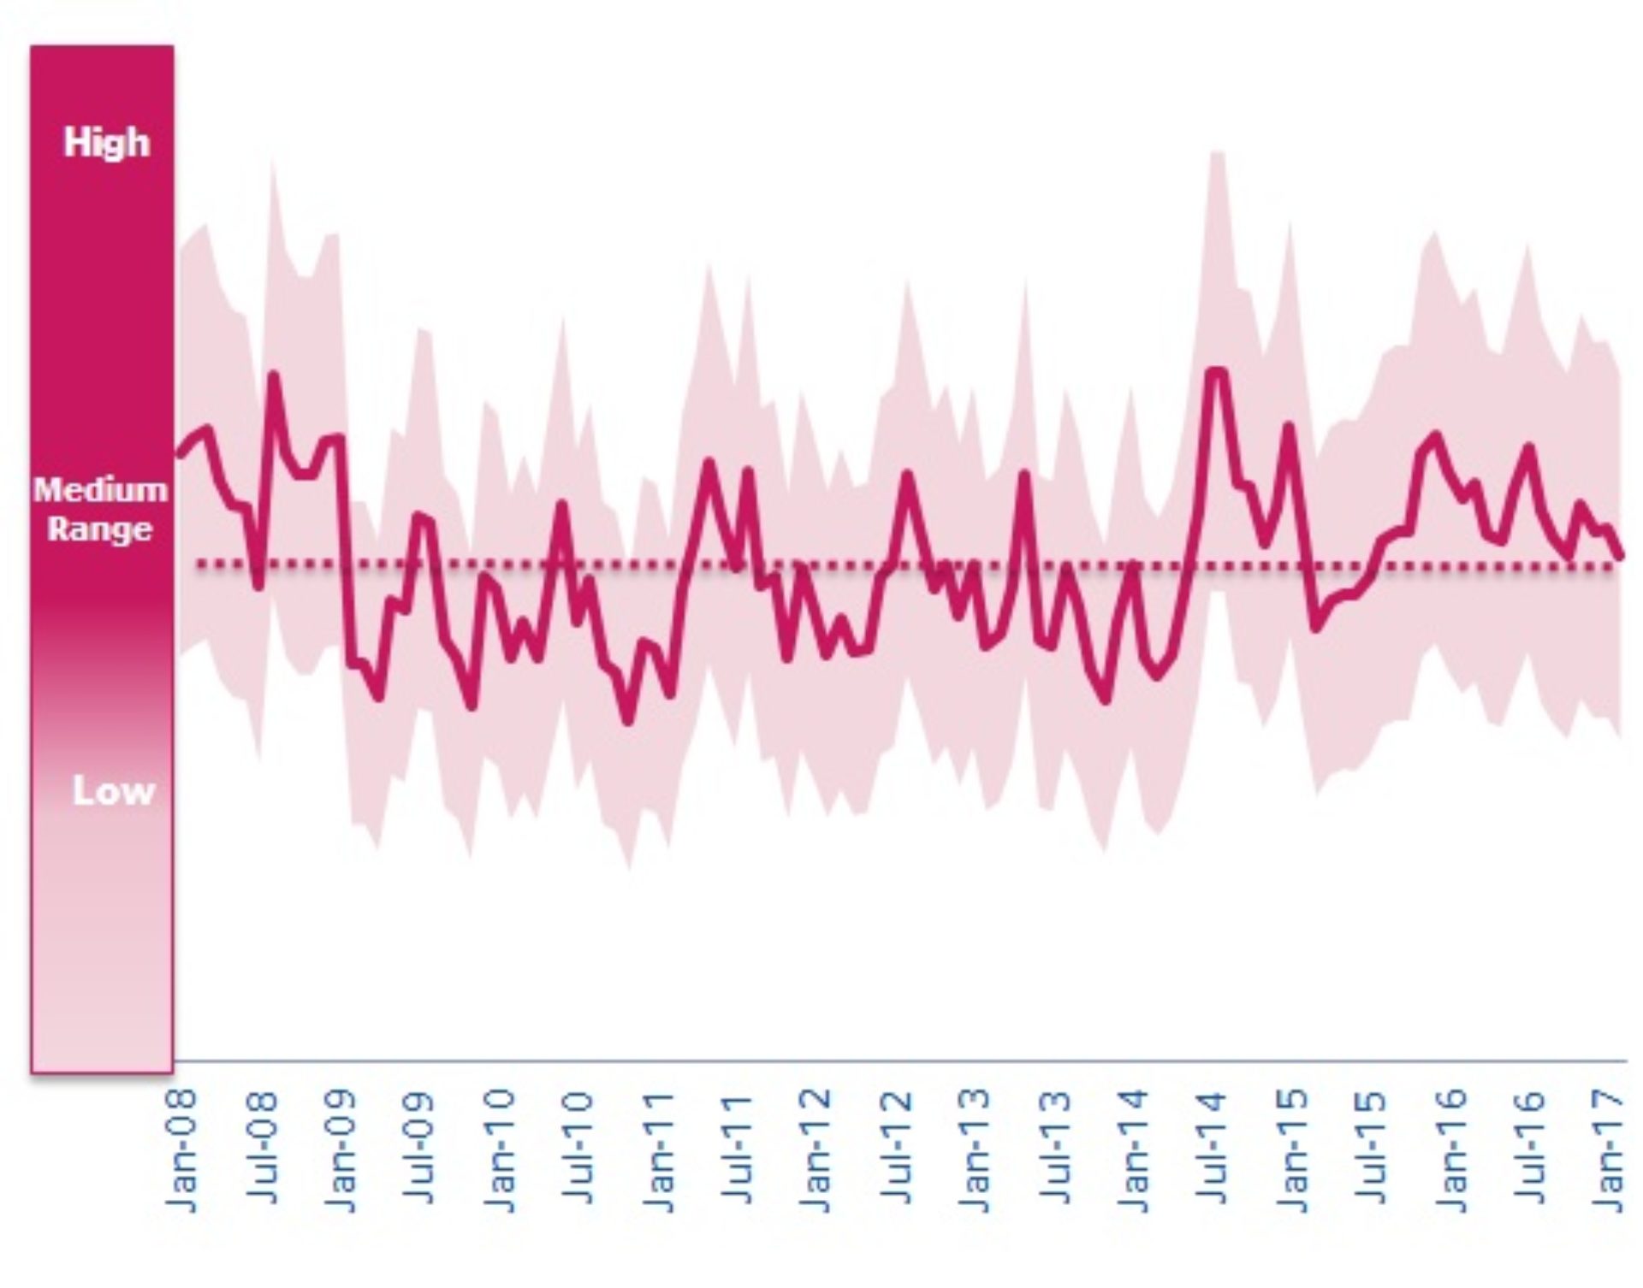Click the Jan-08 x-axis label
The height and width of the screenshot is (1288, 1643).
(x=181, y=1150)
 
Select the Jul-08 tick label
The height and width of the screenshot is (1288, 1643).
(x=262, y=1150)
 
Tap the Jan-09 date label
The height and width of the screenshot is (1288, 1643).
(x=341, y=1150)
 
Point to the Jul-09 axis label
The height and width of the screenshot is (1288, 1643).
(x=420, y=1150)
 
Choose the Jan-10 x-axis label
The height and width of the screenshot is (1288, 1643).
(x=500, y=1150)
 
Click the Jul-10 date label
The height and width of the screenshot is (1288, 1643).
(x=579, y=1150)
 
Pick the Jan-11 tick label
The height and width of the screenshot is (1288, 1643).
(x=659, y=1150)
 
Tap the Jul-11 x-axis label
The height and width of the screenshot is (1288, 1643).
(x=738, y=1150)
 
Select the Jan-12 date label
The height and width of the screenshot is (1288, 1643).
(x=817, y=1150)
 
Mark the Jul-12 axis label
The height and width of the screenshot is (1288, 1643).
(x=896, y=1150)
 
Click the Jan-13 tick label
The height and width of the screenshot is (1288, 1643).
(x=976, y=1150)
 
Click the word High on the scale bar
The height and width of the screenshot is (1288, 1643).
(x=106, y=143)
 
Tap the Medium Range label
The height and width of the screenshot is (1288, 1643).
(x=100, y=509)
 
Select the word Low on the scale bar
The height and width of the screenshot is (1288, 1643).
(x=113, y=791)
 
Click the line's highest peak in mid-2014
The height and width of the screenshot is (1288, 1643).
(x=1216, y=371)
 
